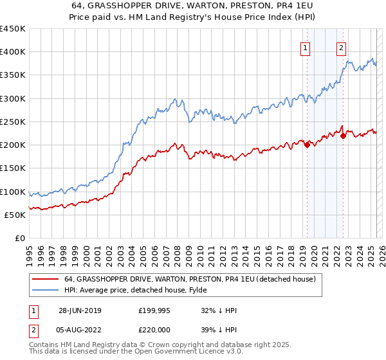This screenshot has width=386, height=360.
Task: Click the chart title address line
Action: point(192,6)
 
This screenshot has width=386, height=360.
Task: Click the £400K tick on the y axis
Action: point(13,52)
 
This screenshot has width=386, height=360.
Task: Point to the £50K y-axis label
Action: point(15,215)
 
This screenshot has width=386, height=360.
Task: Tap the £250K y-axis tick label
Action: point(13,122)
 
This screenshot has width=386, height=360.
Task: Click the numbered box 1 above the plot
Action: point(305,47)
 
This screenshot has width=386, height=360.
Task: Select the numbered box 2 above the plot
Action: point(340,47)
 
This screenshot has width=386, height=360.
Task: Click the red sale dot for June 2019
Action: point(307,145)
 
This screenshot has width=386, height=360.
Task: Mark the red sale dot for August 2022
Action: point(343,136)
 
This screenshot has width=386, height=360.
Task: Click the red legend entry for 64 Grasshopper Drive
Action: point(189,280)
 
